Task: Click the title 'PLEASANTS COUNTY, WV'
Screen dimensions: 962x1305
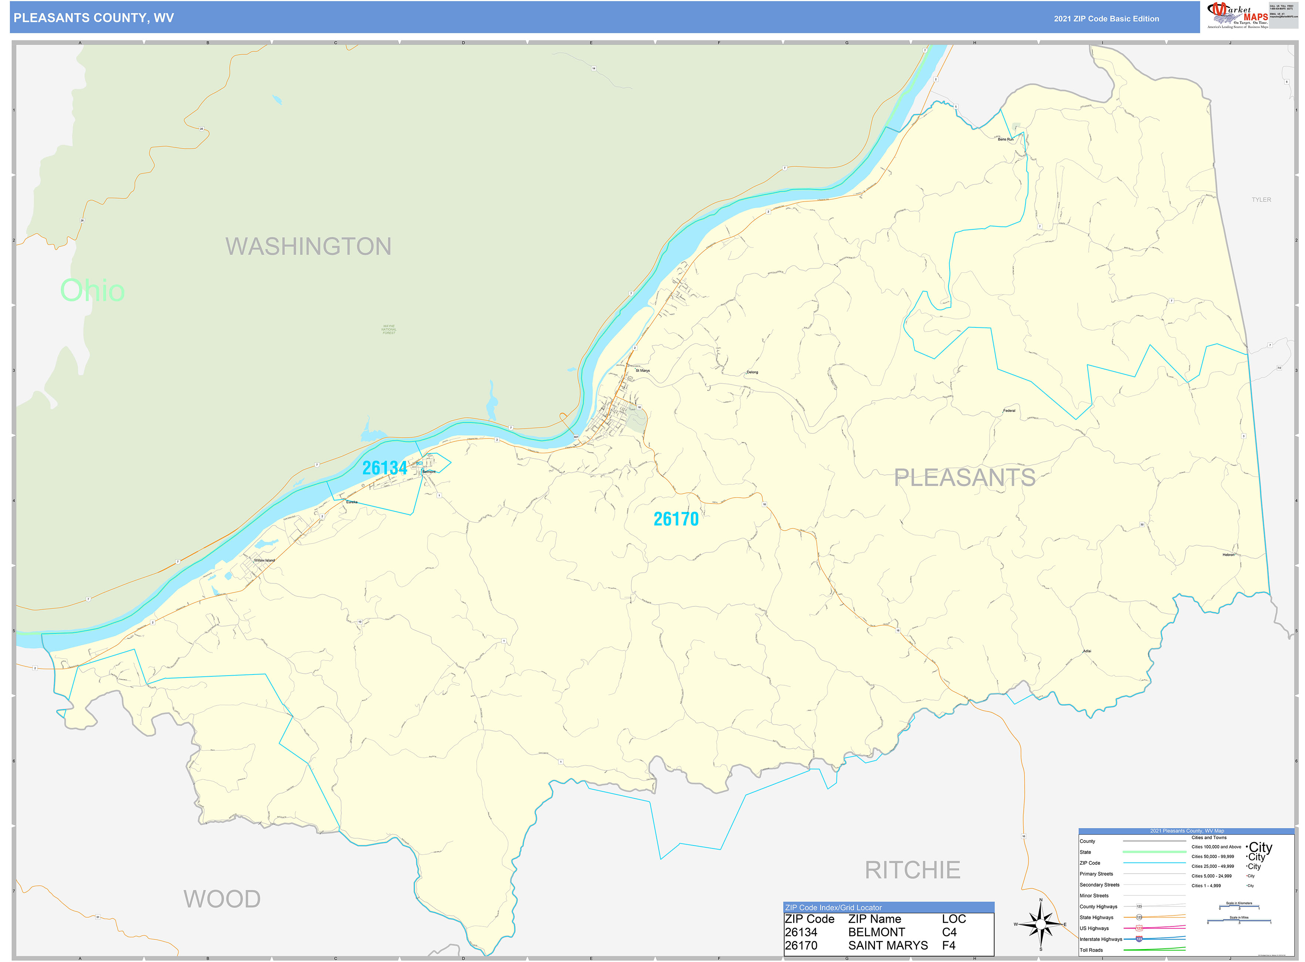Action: (94, 18)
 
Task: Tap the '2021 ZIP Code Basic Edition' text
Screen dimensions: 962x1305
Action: (1106, 18)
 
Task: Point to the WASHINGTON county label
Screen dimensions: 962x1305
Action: (308, 246)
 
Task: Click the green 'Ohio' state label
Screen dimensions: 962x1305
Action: (92, 290)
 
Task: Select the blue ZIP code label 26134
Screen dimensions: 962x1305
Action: (384, 468)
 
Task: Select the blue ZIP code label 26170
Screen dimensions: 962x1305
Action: (676, 519)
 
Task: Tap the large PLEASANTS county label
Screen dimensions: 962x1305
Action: (964, 478)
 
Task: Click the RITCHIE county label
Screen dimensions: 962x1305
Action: (912, 870)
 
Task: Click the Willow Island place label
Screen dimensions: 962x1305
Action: (264, 560)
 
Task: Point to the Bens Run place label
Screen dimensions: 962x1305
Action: (1005, 139)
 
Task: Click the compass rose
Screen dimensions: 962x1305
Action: (1041, 924)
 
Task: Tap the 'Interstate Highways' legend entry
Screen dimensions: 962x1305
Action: (1100, 939)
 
